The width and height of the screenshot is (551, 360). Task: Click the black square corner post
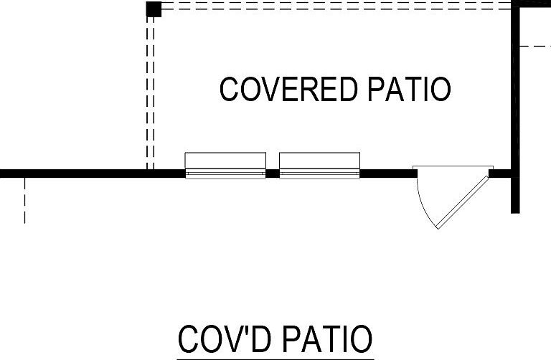(154, 9)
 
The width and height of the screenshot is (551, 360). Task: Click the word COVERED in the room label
(288, 89)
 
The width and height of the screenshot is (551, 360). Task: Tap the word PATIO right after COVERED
(410, 89)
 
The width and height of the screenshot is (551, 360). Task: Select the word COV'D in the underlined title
(225, 339)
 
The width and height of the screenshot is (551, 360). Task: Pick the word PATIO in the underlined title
(327, 339)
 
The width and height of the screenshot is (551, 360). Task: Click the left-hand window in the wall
(225, 166)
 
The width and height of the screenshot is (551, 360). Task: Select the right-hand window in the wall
(319, 166)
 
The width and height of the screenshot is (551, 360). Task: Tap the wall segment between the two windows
(273, 174)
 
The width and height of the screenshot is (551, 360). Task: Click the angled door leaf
(463, 203)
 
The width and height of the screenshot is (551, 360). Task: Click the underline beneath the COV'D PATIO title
(275, 359)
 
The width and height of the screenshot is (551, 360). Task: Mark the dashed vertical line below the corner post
(150, 93)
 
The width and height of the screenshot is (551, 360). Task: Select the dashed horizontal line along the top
(336, 6)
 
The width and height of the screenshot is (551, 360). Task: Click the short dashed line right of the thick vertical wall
(535, 46)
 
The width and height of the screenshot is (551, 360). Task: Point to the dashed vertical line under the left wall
(24, 201)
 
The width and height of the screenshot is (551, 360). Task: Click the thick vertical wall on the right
(515, 107)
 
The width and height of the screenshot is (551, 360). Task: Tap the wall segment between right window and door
(389, 174)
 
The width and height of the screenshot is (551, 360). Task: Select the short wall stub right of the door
(500, 174)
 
